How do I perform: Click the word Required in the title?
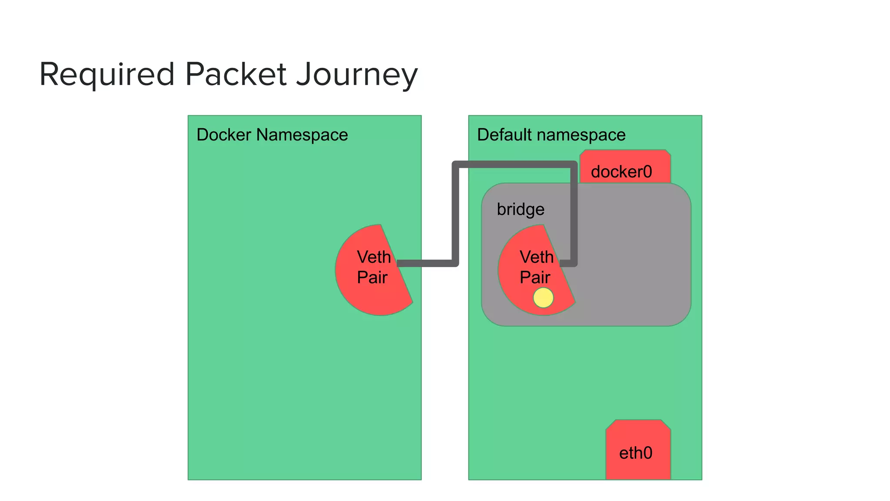pos(107,74)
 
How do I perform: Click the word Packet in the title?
pos(236,74)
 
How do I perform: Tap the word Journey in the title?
pos(357,75)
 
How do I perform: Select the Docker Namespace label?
pos(272,135)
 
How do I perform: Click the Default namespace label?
pos(551,135)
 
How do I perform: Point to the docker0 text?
pos(621,172)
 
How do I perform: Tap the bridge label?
pos(521,210)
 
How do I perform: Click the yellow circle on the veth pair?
pos(543,298)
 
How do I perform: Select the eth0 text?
pos(636,453)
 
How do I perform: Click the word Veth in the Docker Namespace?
pos(374,257)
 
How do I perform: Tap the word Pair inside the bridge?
pos(535,277)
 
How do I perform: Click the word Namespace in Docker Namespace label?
pos(302,135)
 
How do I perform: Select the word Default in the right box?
pos(504,135)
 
